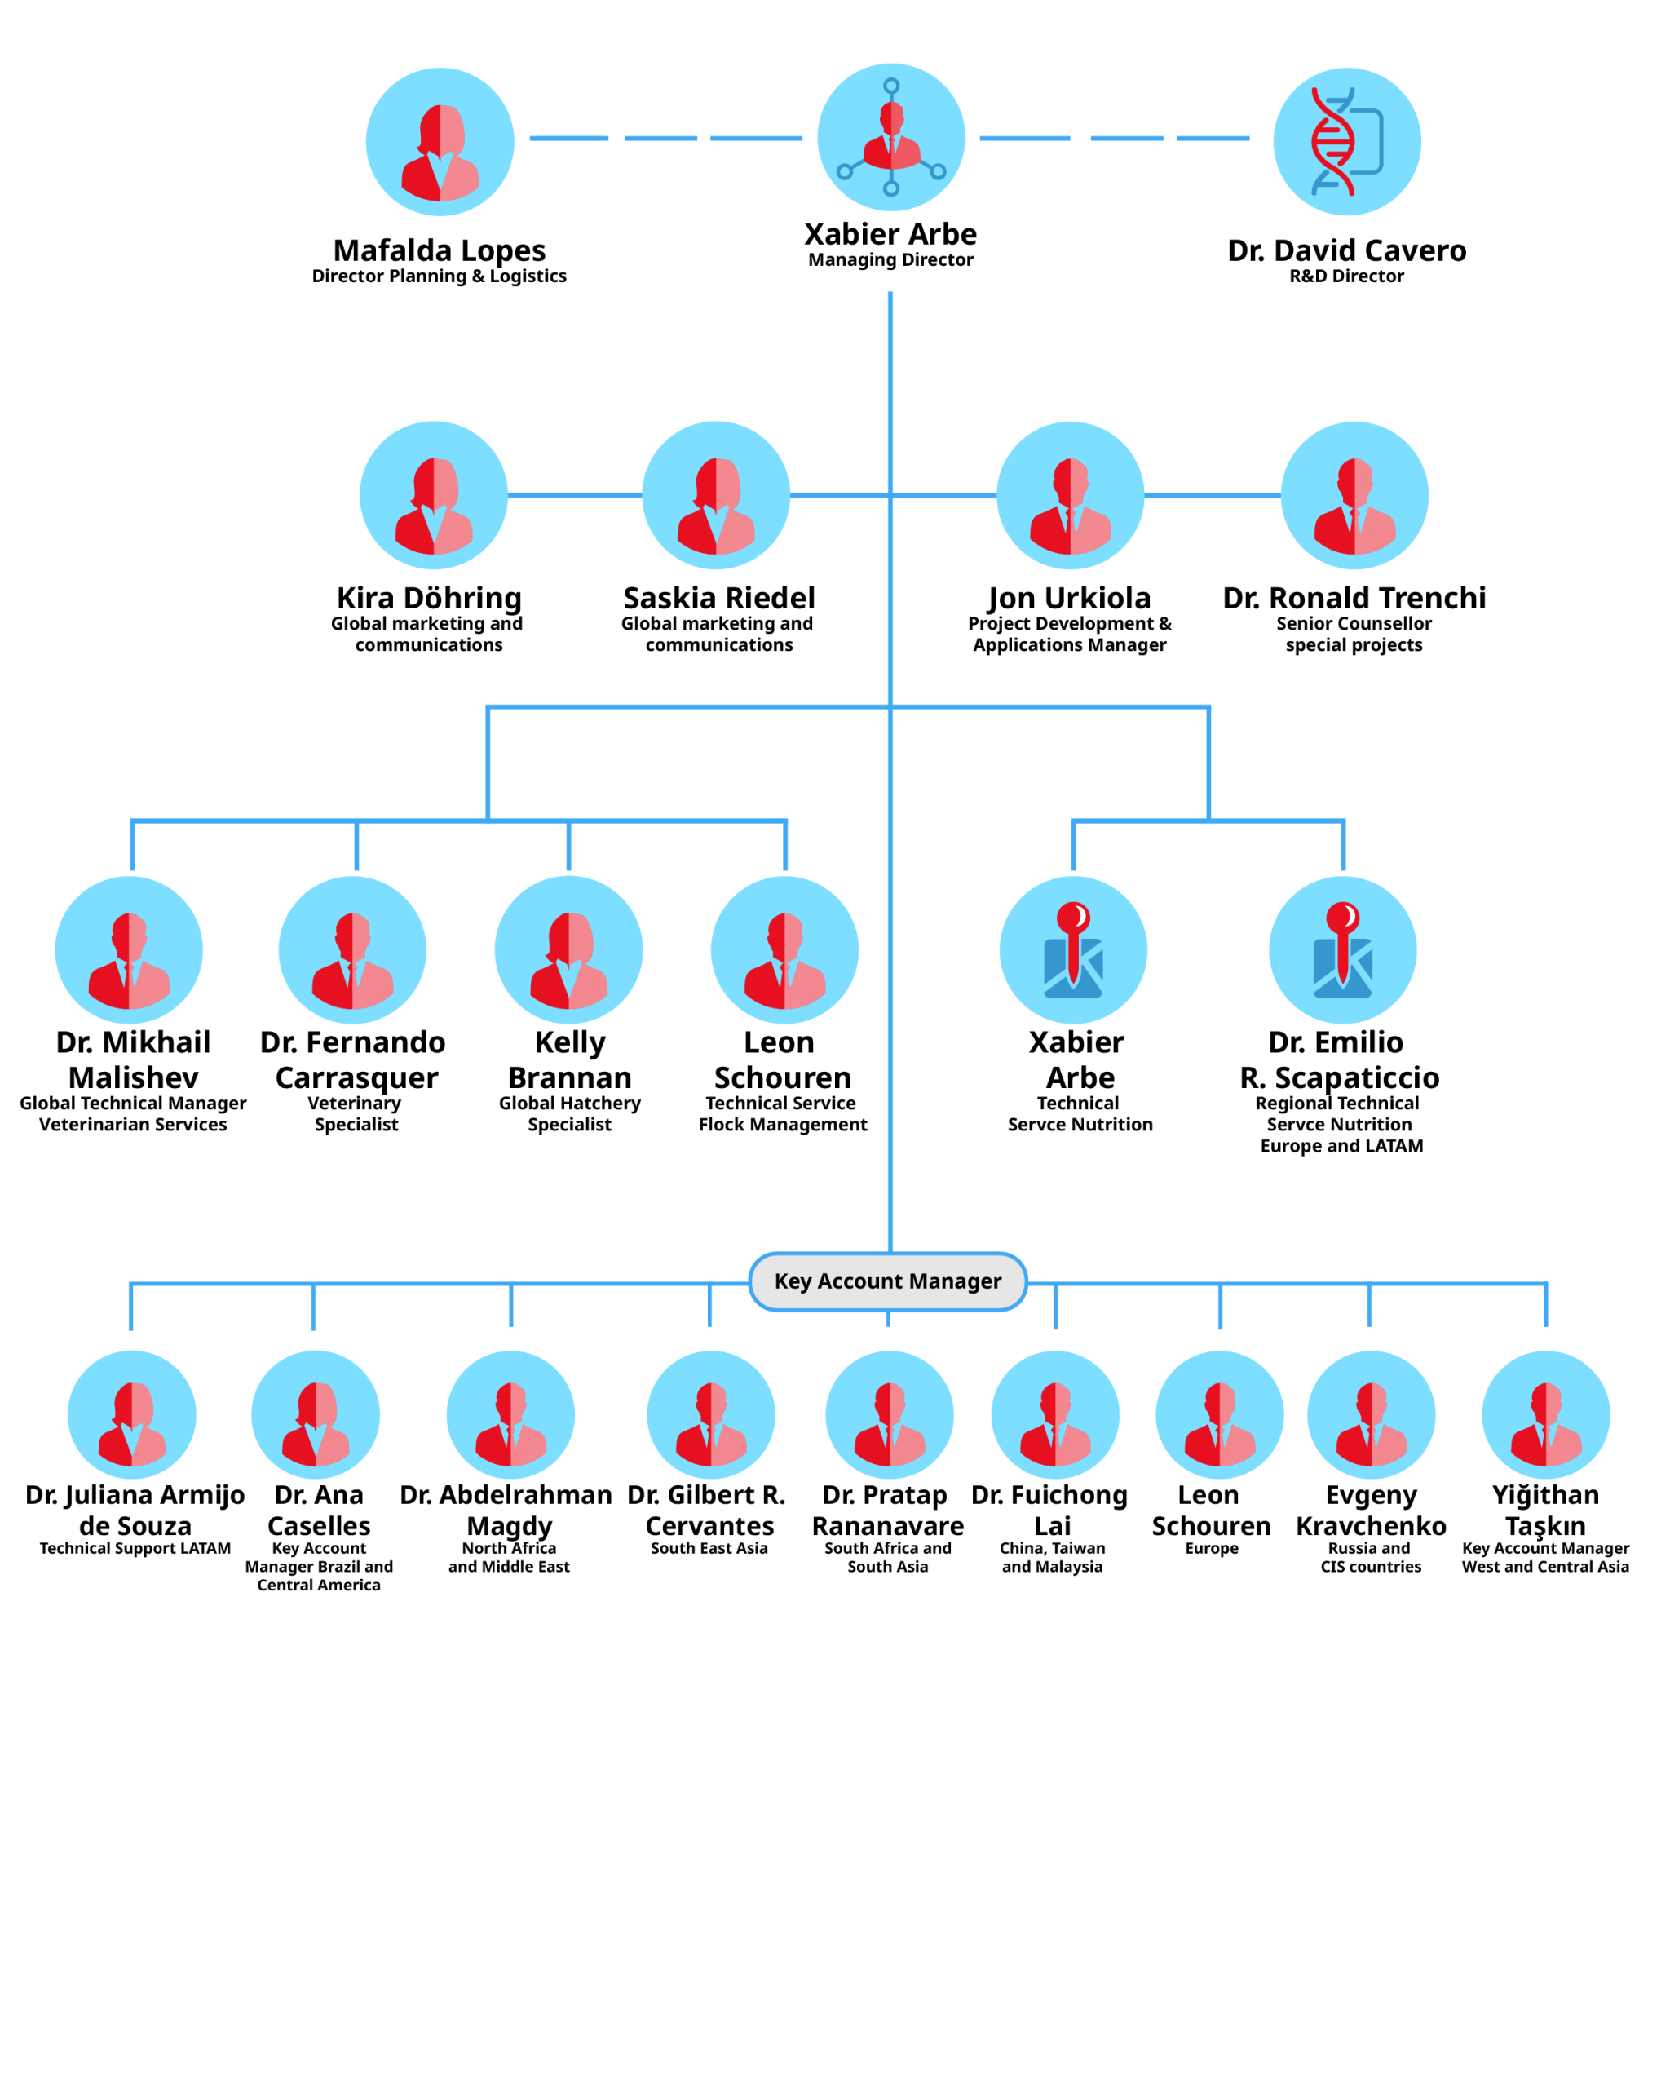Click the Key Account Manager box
pos(887,1281)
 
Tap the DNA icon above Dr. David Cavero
pos(1345,141)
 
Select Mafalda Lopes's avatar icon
pos(440,141)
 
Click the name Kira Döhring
pos(429,598)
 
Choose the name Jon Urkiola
pos(1069,598)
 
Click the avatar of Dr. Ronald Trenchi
pos(1354,495)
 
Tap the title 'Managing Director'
pos(890,259)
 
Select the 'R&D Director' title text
pos(1345,276)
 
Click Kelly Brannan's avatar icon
pos(568,949)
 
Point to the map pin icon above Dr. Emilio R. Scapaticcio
pos(1342,949)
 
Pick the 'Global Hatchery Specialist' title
pos(569,1113)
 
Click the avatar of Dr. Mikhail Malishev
pos(129,949)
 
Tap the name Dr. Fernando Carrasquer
pos(353,1059)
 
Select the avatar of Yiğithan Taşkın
pos(1545,1415)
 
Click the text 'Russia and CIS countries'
pos(1370,1557)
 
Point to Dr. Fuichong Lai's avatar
pos(1054,1415)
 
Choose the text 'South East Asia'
pos(709,1547)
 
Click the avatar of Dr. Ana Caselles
pos(316,1415)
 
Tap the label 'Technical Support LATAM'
pos(135,1547)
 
